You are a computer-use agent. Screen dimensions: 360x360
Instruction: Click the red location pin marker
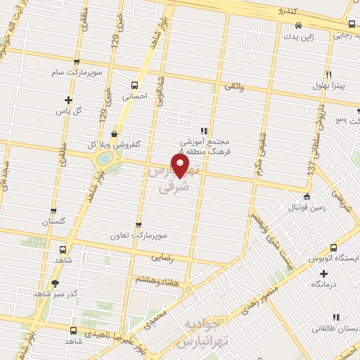tap(181, 165)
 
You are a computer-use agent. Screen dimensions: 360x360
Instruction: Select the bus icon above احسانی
tap(134, 84)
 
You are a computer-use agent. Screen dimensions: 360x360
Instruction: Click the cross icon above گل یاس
tap(67, 100)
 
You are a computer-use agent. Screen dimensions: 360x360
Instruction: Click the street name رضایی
tap(161, 259)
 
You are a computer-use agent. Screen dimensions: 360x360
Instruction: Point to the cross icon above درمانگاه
tap(323, 273)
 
